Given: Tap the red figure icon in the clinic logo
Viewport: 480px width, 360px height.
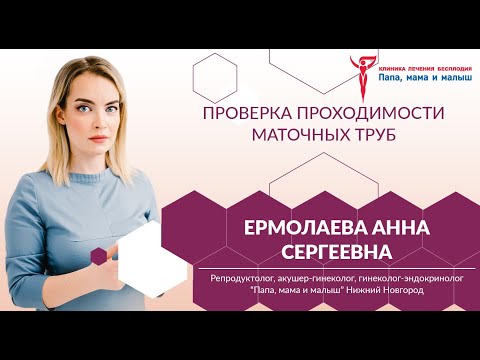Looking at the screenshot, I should pos(358,72).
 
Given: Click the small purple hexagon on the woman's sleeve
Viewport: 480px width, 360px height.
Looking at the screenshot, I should pos(99,256).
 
